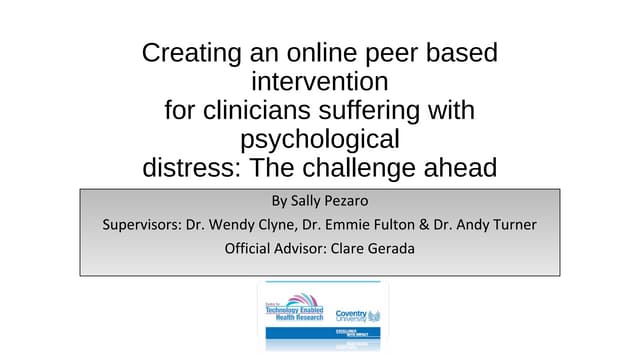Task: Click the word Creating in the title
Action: pyautogui.click(x=186, y=53)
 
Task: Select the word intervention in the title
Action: pyautogui.click(x=320, y=80)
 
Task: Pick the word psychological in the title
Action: pyautogui.click(x=320, y=138)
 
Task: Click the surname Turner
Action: pyautogui.click(x=511, y=225)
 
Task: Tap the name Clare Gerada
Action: pyautogui.click(x=372, y=249)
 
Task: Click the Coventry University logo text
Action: pyautogui.click(x=352, y=313)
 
